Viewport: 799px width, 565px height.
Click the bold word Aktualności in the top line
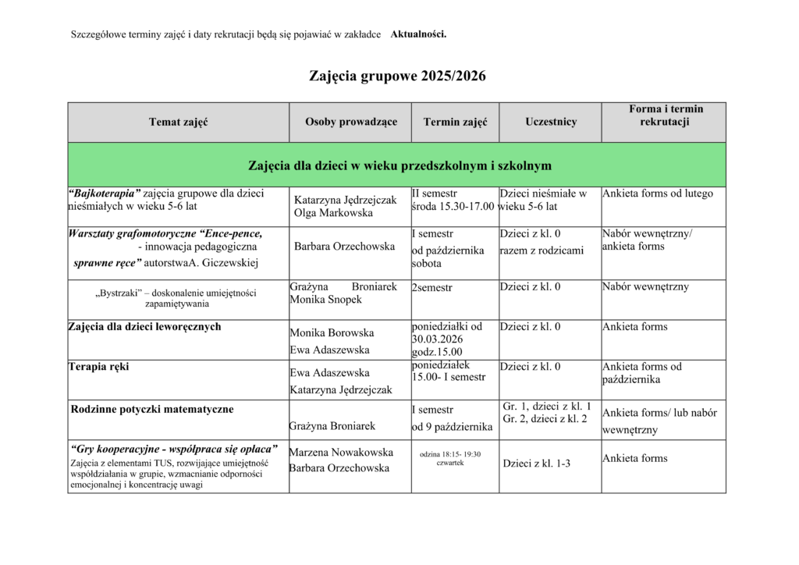418,34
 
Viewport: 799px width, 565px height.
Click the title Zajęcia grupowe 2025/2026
397,76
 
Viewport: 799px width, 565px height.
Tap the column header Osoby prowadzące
351,122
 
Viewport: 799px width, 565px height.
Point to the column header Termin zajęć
455,122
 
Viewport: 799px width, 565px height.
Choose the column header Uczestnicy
551,122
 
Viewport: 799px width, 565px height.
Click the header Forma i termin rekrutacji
665,115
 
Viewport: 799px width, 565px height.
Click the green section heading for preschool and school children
399,165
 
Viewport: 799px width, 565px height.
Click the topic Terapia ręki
99,367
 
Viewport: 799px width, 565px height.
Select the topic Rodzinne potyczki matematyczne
152,408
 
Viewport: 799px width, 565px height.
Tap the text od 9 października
453,427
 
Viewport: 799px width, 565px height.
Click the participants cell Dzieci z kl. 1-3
537,464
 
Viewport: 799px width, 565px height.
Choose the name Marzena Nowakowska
341,452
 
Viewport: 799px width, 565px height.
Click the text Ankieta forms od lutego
658,194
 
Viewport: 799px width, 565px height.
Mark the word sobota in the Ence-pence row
427,264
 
